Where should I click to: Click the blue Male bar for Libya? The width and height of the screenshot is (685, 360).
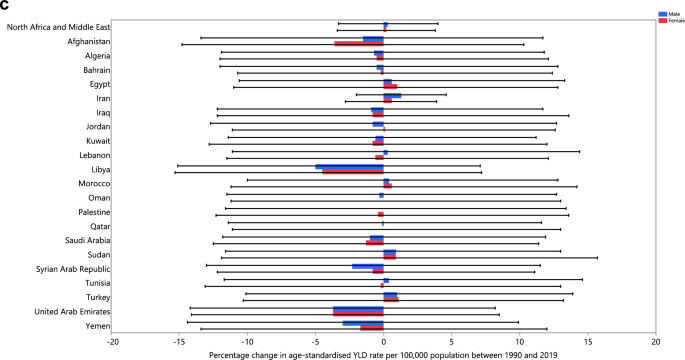pyautogui.click(x=349, y=166)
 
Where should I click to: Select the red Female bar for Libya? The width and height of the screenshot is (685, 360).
pyautogui.click(x=352, y=172)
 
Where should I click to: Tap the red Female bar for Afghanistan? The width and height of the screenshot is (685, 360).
pyautogui.click(x=358, y=44)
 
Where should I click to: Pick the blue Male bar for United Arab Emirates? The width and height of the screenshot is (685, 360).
pyautogui.click(x=358, y=309)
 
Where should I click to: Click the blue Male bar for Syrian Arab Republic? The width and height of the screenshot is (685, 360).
pyautogui.click(x=367, y=266)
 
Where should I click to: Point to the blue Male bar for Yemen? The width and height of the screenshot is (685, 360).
pyautogui.click(x=362, y=323)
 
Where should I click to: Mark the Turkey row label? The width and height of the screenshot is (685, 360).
pyautogui.click(x=96, y=298)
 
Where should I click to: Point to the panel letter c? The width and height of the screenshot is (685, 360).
pyautogui.click(x=6, y=7)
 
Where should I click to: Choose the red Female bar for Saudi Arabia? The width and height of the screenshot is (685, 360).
pyautogui.click(x=374, y=242)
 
